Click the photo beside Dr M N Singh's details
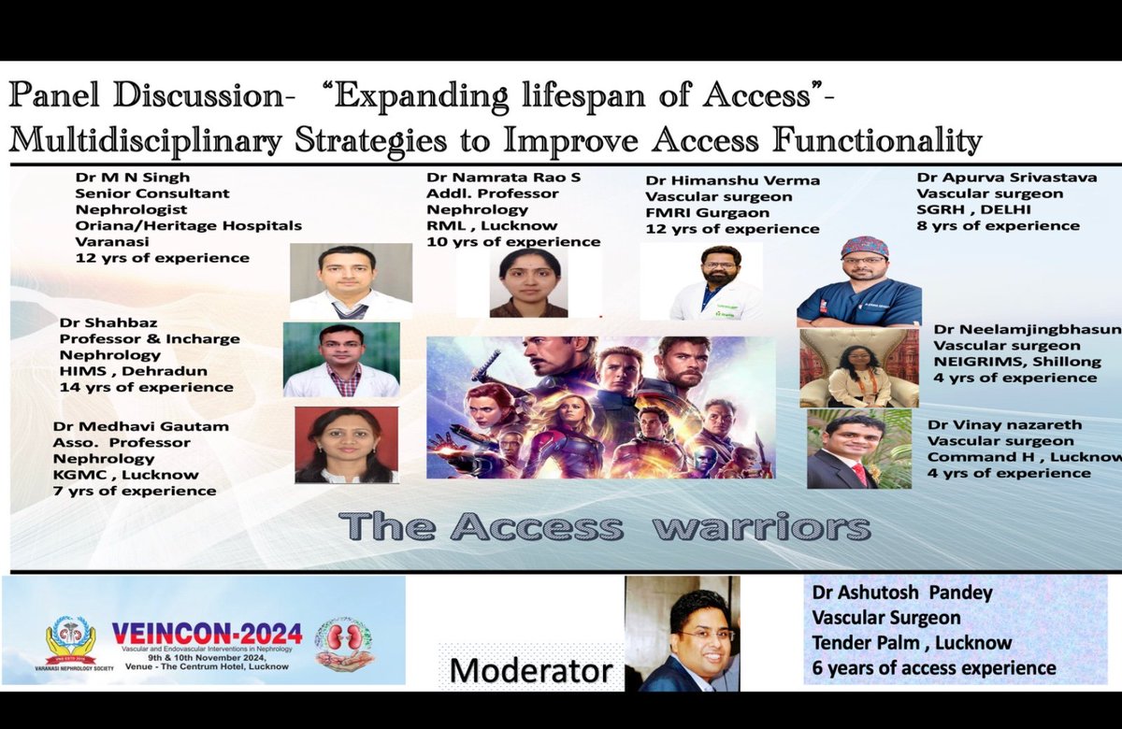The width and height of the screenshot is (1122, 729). (350, 281)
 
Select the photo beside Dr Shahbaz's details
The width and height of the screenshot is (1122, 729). (341, 360)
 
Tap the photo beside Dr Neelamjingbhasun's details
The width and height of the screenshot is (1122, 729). (858, 367)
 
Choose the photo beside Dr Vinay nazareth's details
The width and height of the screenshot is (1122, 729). (858, 448)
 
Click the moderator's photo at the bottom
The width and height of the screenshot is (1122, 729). (682, 633)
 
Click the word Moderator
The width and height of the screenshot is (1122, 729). (529, 669)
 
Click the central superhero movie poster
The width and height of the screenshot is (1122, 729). (600, 394)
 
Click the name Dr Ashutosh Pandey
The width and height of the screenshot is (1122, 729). (902, 592)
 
